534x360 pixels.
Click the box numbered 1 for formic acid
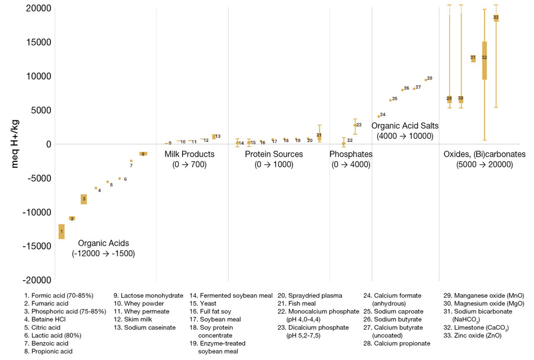coord(62,231)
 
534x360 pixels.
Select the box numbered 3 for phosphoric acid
coord(84,199)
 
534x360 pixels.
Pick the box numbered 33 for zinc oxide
coord(496,18)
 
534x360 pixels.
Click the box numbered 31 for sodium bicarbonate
coord(473,58)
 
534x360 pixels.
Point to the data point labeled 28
coord(425,79)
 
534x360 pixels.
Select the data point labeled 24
coord(379,116)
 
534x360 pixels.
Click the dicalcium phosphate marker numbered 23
coord(355,125)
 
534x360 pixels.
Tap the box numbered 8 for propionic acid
coord(143,154)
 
